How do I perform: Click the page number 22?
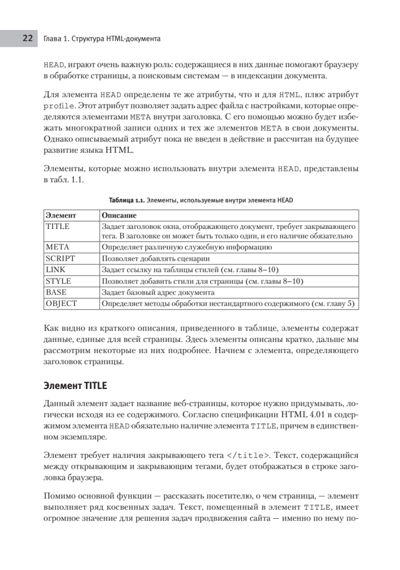(27, 38)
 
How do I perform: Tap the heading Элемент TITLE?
(75, 386)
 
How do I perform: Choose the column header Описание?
(116, 215)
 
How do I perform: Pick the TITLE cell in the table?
(58, 226)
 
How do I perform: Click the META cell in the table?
(58, 247)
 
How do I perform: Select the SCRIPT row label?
(60, 258)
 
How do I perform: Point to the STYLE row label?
(59, 281)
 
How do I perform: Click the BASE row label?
(56, 292)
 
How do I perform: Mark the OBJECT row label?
(61, 304)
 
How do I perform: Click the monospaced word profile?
(59, 106)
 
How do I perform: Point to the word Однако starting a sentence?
(57, 139)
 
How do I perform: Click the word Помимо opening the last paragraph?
(59, 496)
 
